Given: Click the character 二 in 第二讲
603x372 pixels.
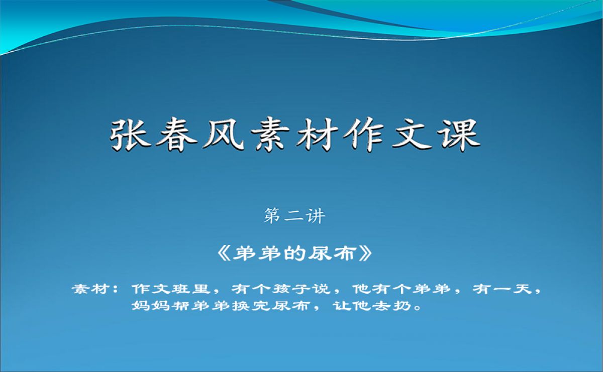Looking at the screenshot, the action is coord(294,216).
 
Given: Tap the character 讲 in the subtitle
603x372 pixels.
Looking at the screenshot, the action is coord(315,216).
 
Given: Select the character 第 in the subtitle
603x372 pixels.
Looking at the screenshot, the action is coord(272,216).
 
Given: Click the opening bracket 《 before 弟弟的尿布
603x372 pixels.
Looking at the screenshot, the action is coord(224,254).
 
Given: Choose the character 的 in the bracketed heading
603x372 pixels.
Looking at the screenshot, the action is coord(295,254).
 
